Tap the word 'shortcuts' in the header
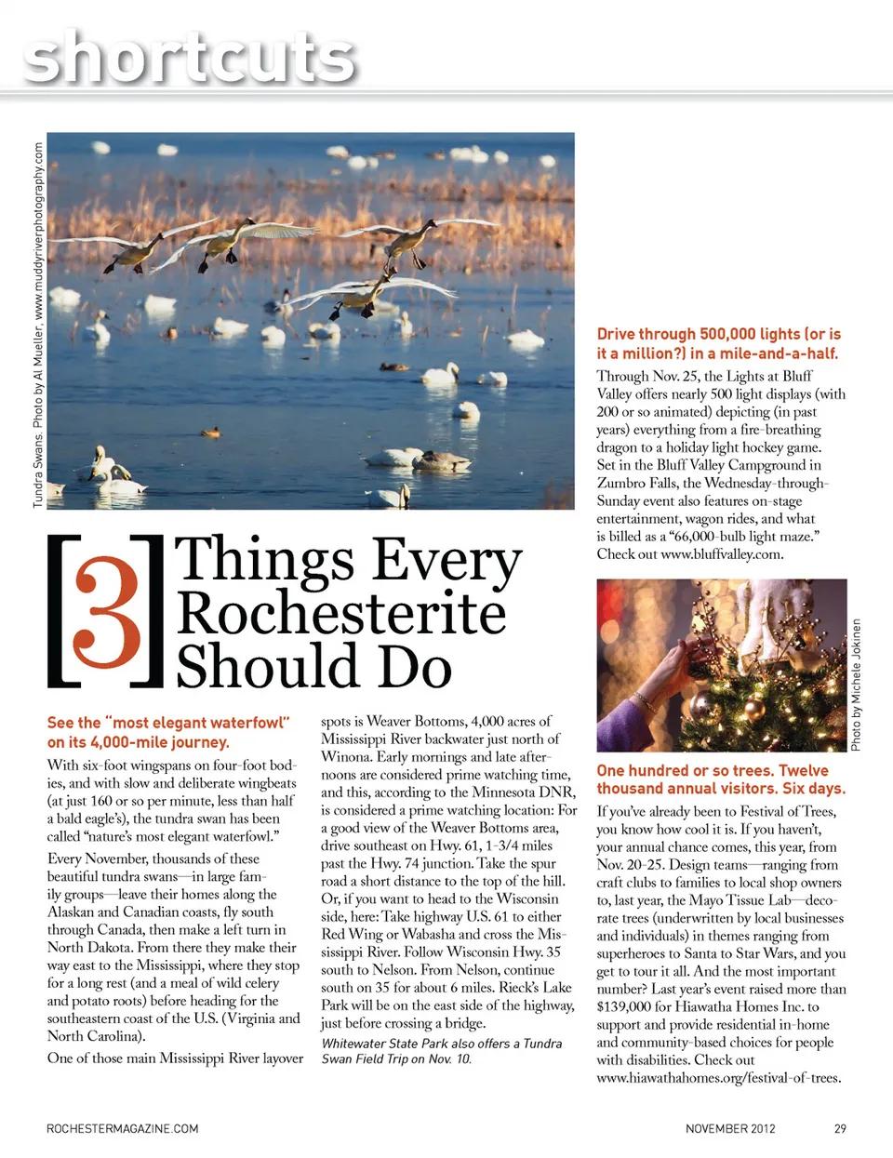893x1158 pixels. (x=191, y=56)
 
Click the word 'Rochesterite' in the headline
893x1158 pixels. (x=340, y=614)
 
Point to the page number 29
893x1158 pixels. (x=840, y=1129)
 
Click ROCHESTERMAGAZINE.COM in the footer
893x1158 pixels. (x=123, y=1129)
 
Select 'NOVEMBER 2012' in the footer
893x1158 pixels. (x=730, y=1129)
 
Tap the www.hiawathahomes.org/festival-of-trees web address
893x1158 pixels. (x=718, y=1078)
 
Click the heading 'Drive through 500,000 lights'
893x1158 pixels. (x=718, y=343)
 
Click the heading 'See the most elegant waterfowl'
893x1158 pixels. (x=169, y=732)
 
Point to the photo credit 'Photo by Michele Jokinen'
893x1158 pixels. (x=856, y=684)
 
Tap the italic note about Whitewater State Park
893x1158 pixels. (x=442, y=1051)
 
